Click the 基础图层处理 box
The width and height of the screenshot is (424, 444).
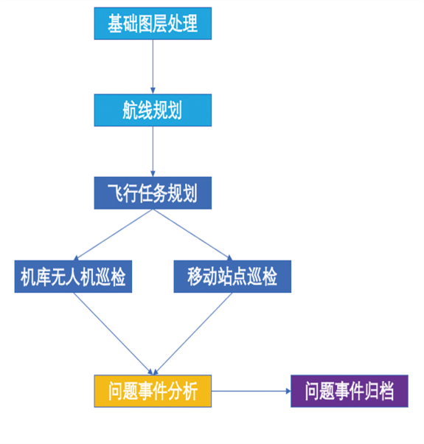click(x=153, y=24)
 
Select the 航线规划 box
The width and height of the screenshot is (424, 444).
click(x=153, y=110)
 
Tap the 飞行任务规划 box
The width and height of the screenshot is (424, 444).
click(x=153, y=193)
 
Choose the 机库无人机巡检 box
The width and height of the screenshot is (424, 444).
click(x=73, y=277)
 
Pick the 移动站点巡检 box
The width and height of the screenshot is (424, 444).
click(x=232, y=277)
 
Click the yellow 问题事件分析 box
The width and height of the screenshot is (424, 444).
click(x=153, y=391)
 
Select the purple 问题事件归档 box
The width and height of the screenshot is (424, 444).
click(x=350, y=391)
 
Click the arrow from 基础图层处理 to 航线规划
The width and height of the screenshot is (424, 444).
click(x=153, y=67)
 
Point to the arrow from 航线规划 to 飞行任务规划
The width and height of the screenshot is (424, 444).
click(x=153, y=151)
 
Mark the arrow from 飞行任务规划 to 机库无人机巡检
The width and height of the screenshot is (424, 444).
click(x=114, y=235)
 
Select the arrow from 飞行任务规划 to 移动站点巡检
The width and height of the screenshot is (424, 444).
click(x=192, y=235)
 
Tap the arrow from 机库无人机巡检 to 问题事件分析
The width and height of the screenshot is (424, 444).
click(x=114, y=334)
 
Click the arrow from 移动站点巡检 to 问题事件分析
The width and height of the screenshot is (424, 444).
click(x=192, y=334)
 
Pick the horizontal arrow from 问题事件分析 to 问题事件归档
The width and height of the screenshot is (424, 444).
click(x=251, y=391)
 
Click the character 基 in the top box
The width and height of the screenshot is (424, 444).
click(x=115, y=24)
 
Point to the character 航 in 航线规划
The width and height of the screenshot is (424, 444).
click(x=130, y=110)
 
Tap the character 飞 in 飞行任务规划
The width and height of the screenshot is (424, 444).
click(x=115, y=193)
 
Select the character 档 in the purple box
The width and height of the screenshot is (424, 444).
click(x=386, y=391)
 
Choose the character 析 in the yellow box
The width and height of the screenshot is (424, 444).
click(x=190, y=391)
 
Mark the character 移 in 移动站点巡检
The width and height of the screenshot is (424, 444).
click(x=195, y=277)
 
